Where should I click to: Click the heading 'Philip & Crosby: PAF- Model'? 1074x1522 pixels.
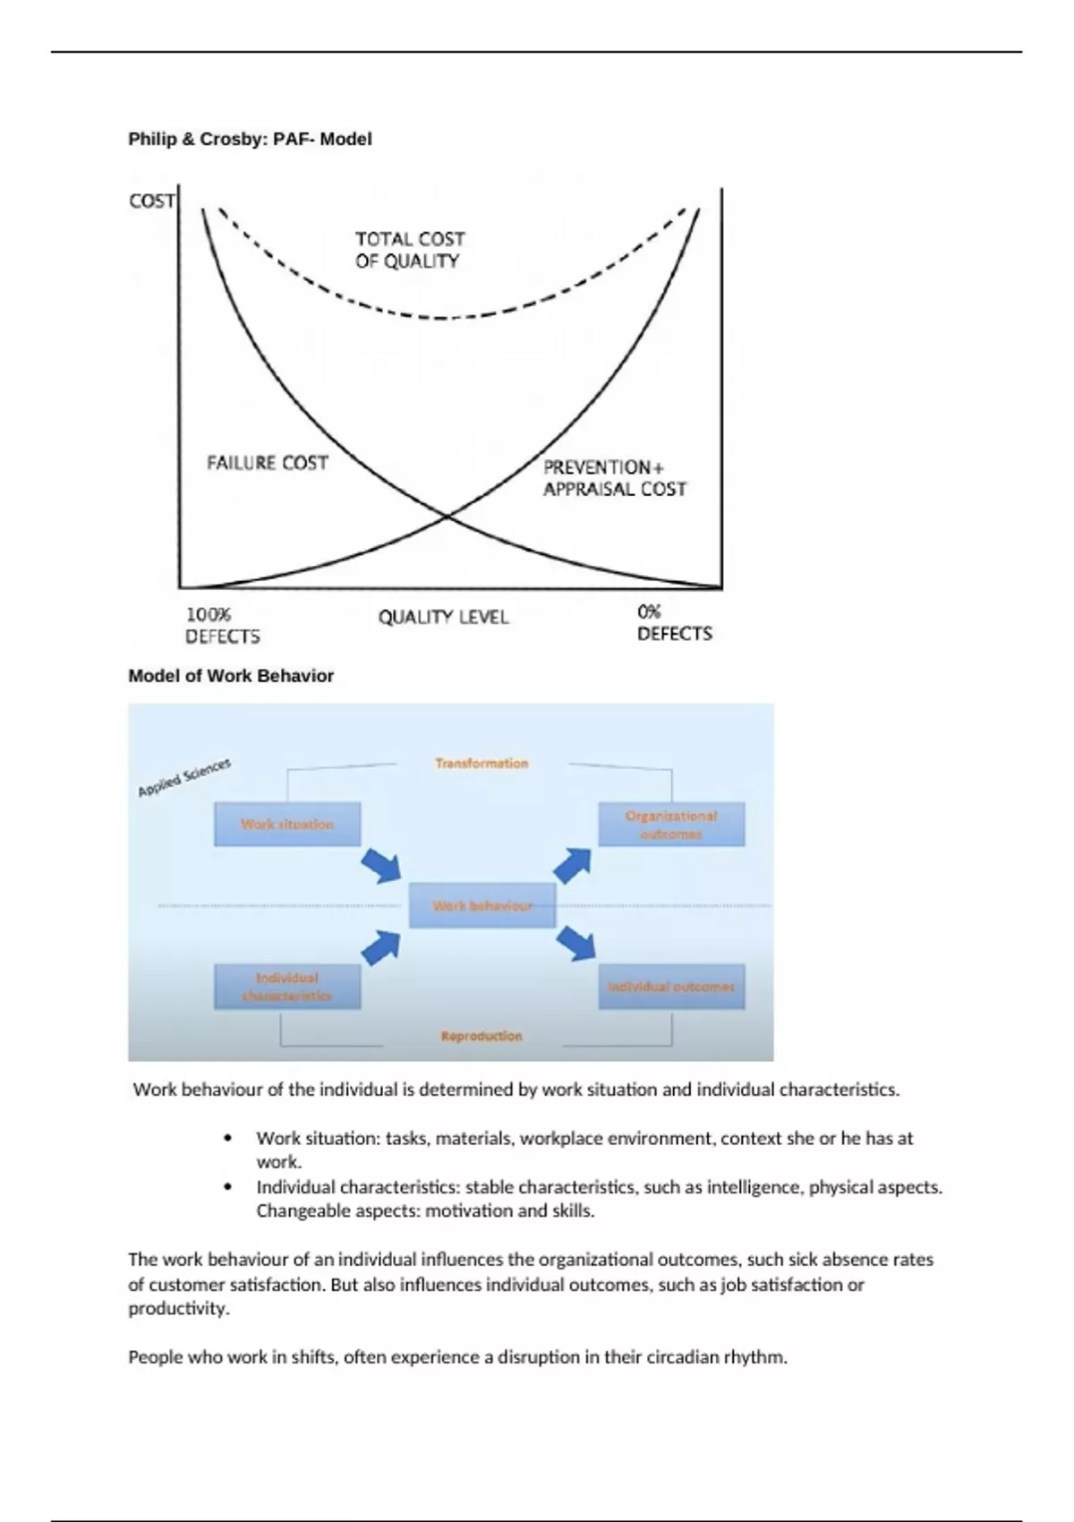tap(250, 139)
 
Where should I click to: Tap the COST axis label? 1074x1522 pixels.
tap(151, 201)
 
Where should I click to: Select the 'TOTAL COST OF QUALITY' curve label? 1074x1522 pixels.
tap(410, 250)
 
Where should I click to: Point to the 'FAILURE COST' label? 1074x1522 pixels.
tap(267, 463)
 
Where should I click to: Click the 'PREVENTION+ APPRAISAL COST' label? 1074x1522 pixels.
tap(614, 478)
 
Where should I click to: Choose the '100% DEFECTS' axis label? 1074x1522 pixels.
tap(222, 626)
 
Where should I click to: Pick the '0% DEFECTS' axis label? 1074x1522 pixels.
tap(674, 623)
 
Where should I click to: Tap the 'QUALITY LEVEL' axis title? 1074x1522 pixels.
tap(443, 617)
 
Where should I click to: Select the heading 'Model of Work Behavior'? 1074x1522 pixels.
tap(231, 676)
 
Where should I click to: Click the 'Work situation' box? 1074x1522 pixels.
tap(287, 824)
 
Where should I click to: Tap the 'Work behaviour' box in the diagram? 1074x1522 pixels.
tap(482, 905)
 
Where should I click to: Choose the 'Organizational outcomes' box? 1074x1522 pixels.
tap(671, 825)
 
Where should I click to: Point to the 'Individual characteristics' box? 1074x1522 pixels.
tap(287, 987)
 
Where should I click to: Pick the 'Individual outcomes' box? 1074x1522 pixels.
tap(671, 987)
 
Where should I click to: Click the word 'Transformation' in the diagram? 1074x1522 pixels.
tap(482, 763)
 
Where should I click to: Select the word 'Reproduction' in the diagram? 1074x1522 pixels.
tap(482, 1036)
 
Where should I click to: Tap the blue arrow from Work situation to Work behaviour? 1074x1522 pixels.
tap(381, 866)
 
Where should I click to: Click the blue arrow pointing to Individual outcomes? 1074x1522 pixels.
tap(576, 944)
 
